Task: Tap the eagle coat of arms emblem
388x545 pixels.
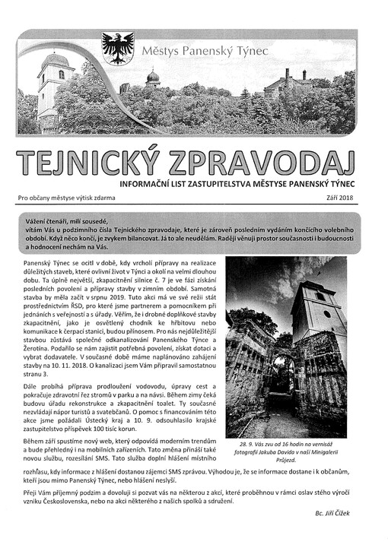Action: click(x=118, y=48)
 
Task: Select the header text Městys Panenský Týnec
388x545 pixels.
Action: click(x=197, y=51)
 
